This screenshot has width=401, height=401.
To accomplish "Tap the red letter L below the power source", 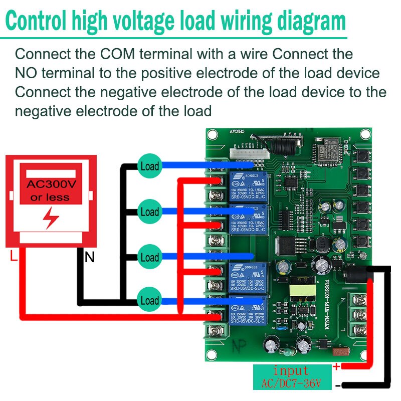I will [x=14, y=257].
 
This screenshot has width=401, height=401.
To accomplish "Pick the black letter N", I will [x=89, y=258].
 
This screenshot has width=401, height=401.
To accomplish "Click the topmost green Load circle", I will [x=149, y=166].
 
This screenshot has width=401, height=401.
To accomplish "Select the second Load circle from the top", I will [x=149, y=212].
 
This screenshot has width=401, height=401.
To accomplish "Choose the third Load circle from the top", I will [x=149, y=258].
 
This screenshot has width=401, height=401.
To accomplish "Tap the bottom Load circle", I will [x=149, y=301].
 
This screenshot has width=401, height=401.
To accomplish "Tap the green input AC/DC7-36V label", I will [x=292, y=377].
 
